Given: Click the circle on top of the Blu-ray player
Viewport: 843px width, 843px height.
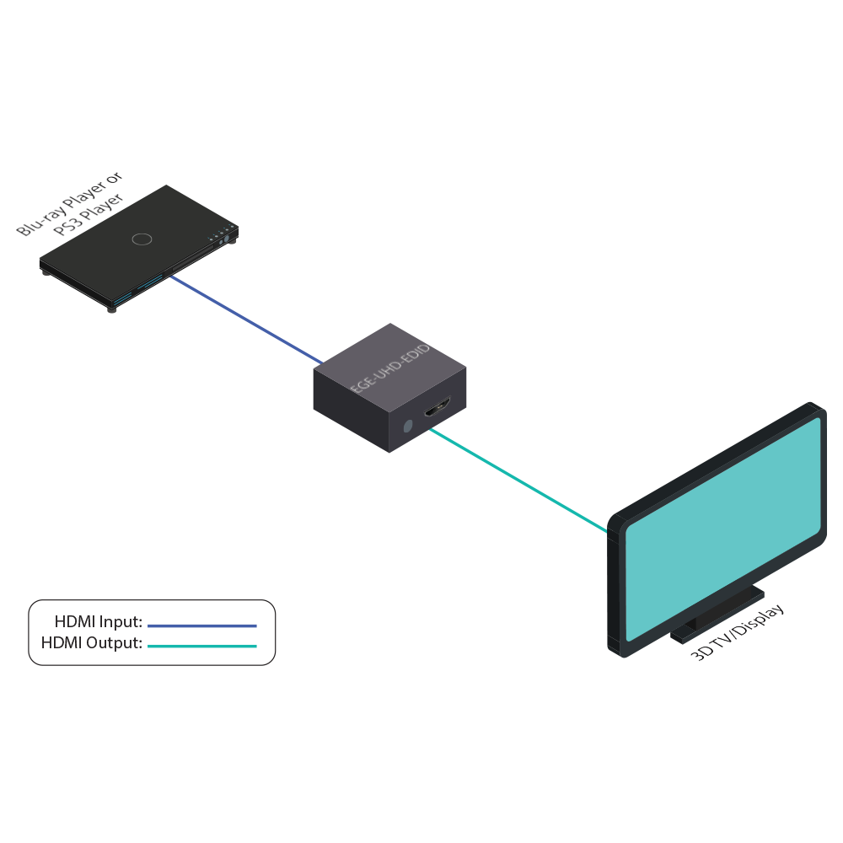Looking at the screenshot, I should click(142, 239).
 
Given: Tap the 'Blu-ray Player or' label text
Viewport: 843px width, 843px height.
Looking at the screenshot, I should click(70, 203).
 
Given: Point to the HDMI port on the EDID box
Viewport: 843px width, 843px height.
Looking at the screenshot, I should click(438, 411).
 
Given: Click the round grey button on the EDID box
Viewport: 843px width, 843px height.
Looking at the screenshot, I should click(408, 427).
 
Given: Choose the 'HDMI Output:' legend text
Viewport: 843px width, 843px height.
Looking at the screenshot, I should click(92, 643).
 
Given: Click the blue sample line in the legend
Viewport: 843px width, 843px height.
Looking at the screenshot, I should click(201, 626).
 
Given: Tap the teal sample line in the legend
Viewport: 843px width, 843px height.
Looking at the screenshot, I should click(201, 647).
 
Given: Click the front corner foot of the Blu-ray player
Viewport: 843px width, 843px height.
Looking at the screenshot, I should click(111, 309).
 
